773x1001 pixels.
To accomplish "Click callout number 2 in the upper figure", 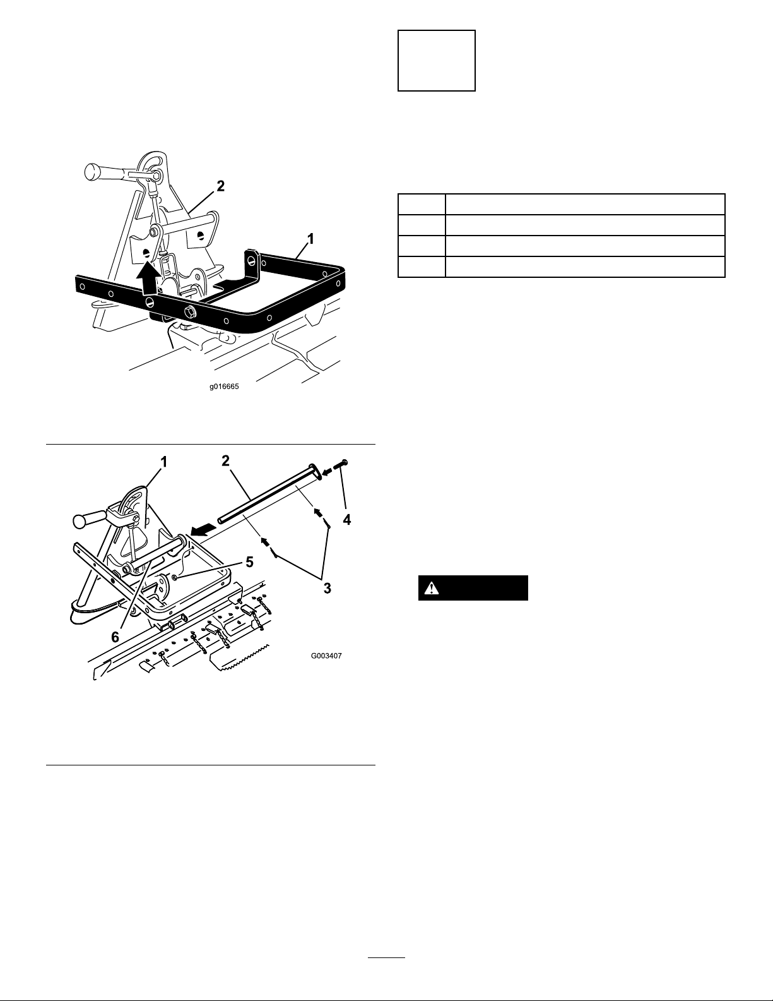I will click(220, 186).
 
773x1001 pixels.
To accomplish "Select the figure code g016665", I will click(225, 389).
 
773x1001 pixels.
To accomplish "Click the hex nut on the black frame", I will click(189, 312).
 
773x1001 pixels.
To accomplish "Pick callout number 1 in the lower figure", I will click(163, 462).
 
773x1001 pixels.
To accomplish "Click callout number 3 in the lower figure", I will click(327, 588).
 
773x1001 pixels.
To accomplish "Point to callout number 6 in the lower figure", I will click(115, 637).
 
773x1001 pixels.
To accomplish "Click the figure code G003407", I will click(326, 656).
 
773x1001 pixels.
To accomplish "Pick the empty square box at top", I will click(436, 61).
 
